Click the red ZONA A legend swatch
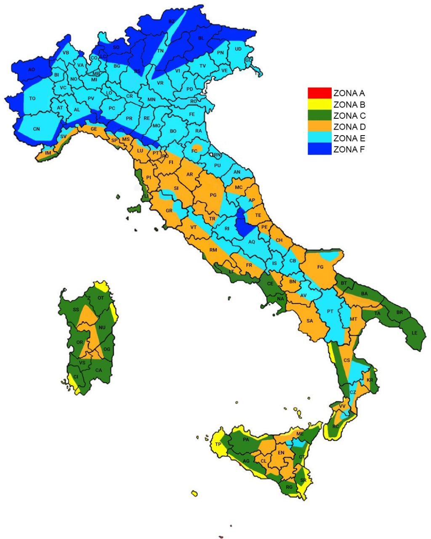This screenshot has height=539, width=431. click(319, 93)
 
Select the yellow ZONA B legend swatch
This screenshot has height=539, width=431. click(319, 104)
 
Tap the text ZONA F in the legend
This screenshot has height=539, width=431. click(349, 149)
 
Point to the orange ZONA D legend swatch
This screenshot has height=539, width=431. click(319, 127)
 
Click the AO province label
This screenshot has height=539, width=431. click(32, 69)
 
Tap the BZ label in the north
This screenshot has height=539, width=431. click(171, 21)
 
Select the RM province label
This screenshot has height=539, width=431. click(213, 250)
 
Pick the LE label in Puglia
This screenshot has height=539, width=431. click(415, 333)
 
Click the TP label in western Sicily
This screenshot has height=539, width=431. click(218, 445)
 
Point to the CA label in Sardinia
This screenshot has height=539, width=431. click(98, 371)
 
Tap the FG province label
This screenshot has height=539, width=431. click(320, 267)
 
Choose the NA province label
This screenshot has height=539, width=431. click(280, 299)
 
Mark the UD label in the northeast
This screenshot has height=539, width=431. click(238, 49)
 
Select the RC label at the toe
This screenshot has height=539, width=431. click(335, 427)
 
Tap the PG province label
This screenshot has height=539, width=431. click(213, 195)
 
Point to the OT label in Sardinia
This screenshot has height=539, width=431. click(100, 298)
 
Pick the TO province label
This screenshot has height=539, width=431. click(32, 99)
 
